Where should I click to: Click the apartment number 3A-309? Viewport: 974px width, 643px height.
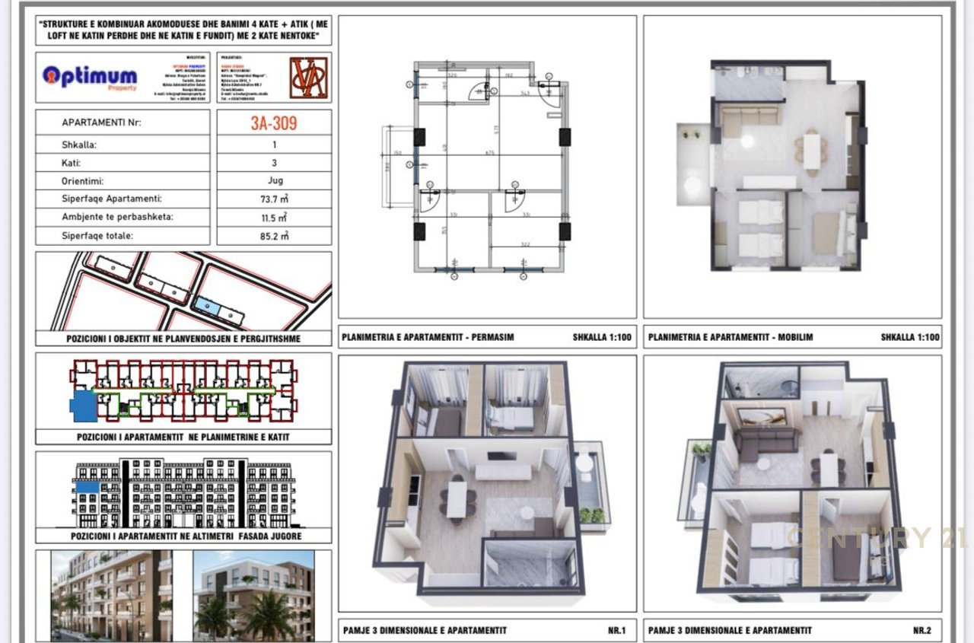click(x=274, y=123)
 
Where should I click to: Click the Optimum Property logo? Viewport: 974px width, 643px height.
click(x=90, y=78)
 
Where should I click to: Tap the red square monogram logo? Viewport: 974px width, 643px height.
click(x=308, y=78)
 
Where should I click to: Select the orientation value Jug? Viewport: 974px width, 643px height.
click(x=275, y=181)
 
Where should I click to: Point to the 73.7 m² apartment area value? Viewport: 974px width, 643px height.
click(x=275, y=199)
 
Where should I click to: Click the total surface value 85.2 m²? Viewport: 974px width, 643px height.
click(x=275, y=236)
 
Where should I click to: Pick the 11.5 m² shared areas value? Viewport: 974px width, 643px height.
click(x=275, y=218)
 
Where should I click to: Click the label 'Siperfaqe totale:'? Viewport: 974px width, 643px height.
click(x=97, y=236)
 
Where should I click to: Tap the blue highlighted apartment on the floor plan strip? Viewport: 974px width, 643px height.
click(x=81, y=405)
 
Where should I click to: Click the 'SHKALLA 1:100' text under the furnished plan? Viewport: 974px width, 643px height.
click(x=910, y=337)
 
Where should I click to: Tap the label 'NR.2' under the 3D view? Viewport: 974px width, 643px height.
click(x=921, y=630)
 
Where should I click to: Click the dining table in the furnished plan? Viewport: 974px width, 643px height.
click(x=813, y=149)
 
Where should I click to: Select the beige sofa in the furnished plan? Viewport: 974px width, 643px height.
click(x=750, y=117)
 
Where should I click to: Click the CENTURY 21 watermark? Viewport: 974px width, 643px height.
click(x=875, y=537)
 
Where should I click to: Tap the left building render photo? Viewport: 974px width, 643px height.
click(x=111, y=595)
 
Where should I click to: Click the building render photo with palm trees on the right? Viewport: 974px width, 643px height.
click(x=253, y=595)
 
